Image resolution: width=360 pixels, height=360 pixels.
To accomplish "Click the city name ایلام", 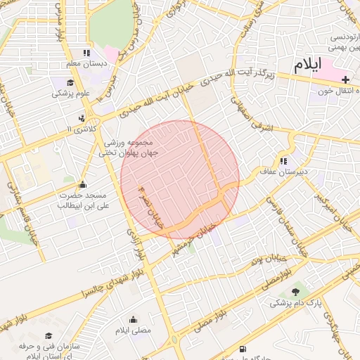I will (307, 65).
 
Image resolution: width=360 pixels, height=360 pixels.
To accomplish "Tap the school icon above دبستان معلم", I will (86, 53).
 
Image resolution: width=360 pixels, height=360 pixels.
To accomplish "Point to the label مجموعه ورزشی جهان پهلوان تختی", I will (129, 147).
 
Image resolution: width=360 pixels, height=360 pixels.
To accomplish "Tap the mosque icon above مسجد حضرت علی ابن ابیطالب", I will (83, 184).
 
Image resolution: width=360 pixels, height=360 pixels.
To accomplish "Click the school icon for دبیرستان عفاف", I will (284, 161).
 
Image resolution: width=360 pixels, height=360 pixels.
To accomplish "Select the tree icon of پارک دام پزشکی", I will (295, 292).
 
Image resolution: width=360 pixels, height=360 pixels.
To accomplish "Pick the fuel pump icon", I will (243, 349).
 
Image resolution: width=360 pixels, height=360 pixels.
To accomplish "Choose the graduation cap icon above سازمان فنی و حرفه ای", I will (49, 336).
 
